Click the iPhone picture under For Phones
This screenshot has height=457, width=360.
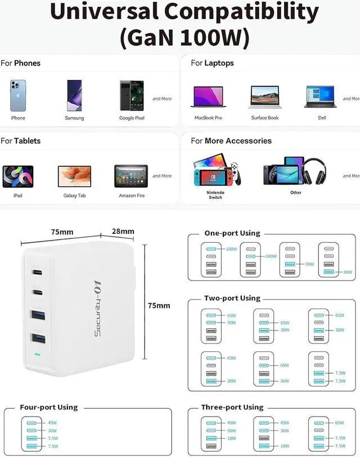pos(18,96)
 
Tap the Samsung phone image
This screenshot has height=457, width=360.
pos(74,95)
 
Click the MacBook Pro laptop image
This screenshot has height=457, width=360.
pos(208,97)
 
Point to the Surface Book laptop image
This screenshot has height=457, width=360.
pos(264,97)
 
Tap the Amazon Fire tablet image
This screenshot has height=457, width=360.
pos(131,176)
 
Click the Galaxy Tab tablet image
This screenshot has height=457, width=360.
pos(74,176)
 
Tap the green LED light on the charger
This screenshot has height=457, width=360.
pos(38,355)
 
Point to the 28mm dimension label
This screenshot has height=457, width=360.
pos(123,231)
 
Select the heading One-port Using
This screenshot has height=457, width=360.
pos(232,233)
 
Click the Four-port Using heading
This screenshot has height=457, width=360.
pos(49,407)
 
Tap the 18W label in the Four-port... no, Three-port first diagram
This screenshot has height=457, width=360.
pos(231,438)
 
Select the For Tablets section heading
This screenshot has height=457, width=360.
pos(21,141)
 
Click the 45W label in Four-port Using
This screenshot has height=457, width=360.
pos(52,423)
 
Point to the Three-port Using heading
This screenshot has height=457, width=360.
pos(232,407)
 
